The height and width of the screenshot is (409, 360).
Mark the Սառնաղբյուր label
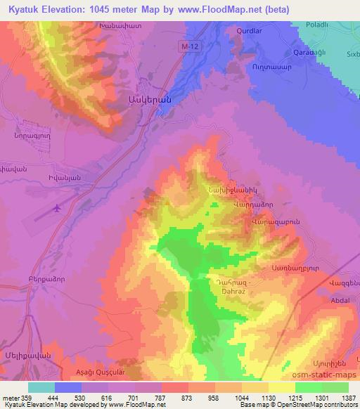coord(290,268)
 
